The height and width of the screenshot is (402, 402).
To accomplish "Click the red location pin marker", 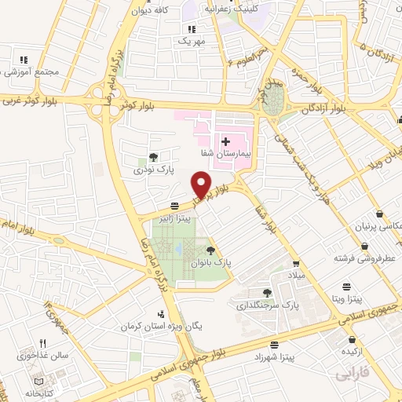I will (203, 185).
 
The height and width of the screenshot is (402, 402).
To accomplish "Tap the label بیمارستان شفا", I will (247, 154).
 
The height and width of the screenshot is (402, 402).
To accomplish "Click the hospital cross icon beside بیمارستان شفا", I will (225, 142).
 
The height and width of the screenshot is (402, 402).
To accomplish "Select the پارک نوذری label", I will (152, 169).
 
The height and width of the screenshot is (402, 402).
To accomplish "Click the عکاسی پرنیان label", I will (371, 226).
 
